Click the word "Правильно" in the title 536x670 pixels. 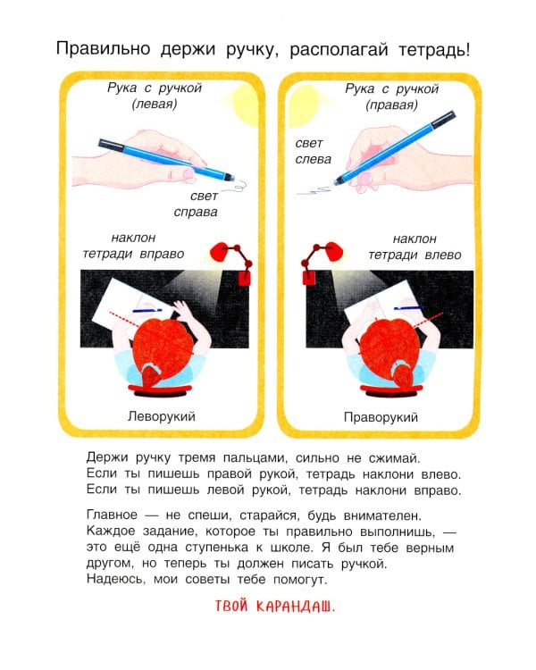click(x=103, y=49)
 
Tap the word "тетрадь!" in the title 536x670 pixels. click(x=434, y=50)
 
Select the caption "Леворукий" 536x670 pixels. click(x=162, y=416)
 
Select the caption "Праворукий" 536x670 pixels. click(x=381, y=417)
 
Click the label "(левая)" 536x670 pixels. click(x=155, y=104)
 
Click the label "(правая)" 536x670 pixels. click(x=391, y=105)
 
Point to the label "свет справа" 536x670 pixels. click(x=197, y=204)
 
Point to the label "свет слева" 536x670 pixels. click(x=314, y=151)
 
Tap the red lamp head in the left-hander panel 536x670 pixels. click(x=221, y=252)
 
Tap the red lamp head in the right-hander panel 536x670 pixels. click(x=332, y=252)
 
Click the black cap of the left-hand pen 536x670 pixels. click(x=111, y=145)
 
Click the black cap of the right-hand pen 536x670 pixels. click(x=443, y=120)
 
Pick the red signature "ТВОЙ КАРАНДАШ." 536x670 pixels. click(x=275, y=606)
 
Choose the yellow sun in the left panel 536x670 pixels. click(x=246, y=105)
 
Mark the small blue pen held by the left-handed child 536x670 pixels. click(x=147, y=311)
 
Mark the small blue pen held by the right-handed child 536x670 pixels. click(x=408, y=307)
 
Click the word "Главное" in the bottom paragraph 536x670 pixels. click(x=112, y=515)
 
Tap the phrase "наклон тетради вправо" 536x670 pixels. click(x=133, y=246)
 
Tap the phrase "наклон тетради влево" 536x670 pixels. click(x=415, y=247)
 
